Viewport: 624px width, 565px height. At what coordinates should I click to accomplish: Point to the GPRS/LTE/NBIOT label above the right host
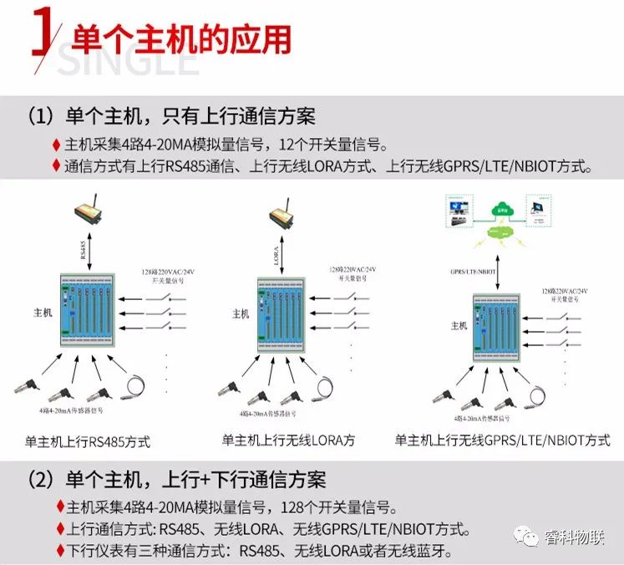click(x=473, y=272)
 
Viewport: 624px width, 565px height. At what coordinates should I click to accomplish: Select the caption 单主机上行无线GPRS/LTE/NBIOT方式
click(x=502, y=440)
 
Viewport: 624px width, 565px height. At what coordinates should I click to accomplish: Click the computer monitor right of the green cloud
click(x=538, y=206)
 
